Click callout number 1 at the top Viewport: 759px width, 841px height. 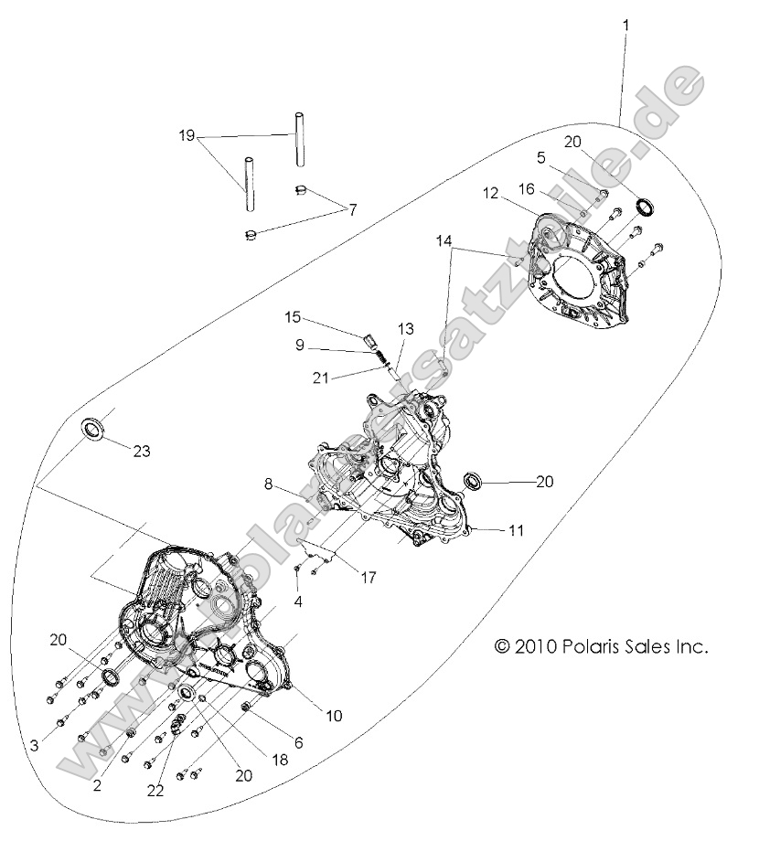click(x=625, y=27)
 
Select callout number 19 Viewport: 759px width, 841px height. click(x=187, y=135)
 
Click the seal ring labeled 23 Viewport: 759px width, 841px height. click(x=93, y=429)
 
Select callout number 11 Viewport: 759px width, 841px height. click(x=517, y=529)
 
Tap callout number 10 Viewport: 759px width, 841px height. click(x=334, y=716)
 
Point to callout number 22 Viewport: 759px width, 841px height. click(x=156, y=791)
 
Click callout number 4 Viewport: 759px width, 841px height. click(x=298, y=601)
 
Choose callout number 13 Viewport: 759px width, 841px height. click(x=405, y=328)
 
